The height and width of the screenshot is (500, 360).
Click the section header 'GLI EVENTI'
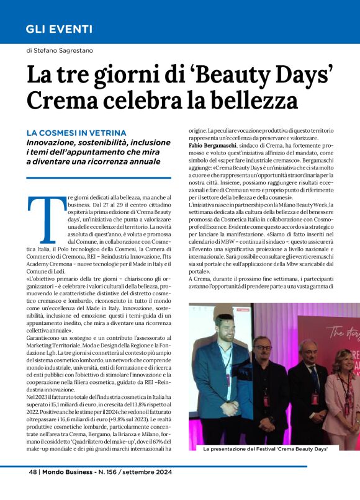point(59,29)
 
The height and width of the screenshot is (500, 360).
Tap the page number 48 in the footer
point(34,471)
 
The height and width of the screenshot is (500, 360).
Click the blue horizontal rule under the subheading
point(99,177)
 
